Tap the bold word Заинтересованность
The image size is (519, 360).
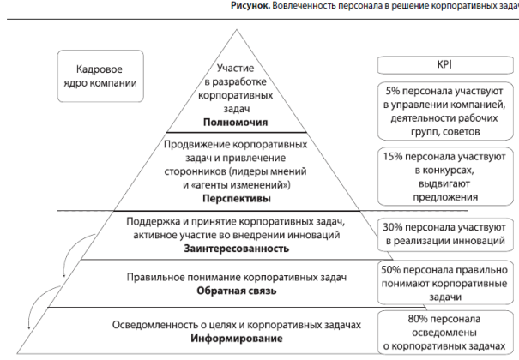(x=235, y=248)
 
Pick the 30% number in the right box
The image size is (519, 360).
(x=395, y=226)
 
